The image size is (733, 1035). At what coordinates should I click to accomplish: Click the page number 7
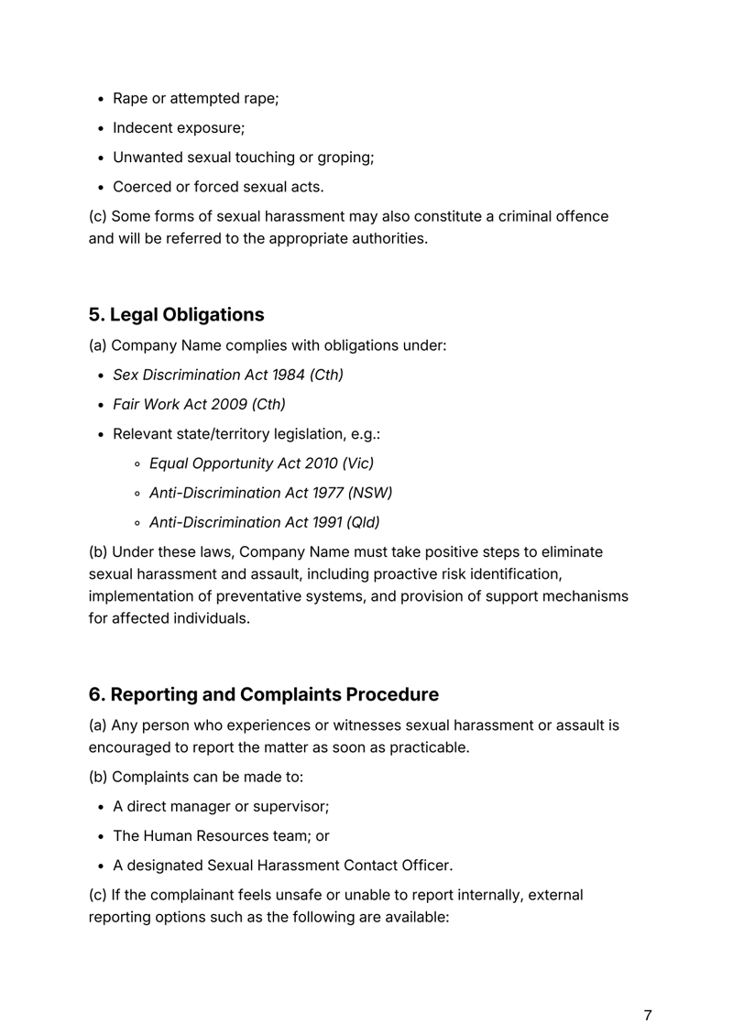[648, 989]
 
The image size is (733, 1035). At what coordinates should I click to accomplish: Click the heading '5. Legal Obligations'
[176, 314]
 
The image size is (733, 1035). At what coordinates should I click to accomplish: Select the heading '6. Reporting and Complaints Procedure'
[264, 694]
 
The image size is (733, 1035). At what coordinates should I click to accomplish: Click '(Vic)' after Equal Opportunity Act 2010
[356, 463]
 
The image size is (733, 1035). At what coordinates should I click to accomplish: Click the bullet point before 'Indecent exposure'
[102, 128]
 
